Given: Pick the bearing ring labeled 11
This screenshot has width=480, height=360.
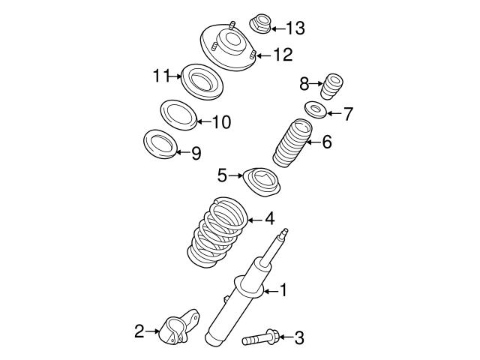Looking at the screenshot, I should (x=200, y=79).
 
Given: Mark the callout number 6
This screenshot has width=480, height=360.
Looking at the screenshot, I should (x=327, y=141).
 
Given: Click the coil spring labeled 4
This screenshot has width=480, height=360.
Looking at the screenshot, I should (x=217, y=234).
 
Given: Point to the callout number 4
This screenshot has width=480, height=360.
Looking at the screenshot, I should (x=268, y=219).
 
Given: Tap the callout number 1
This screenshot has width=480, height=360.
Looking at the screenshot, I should (x=283, y=289).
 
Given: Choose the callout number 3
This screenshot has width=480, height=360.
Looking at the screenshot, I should (x=299, y=338).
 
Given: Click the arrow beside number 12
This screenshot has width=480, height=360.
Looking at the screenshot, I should (x=262, y=55).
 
